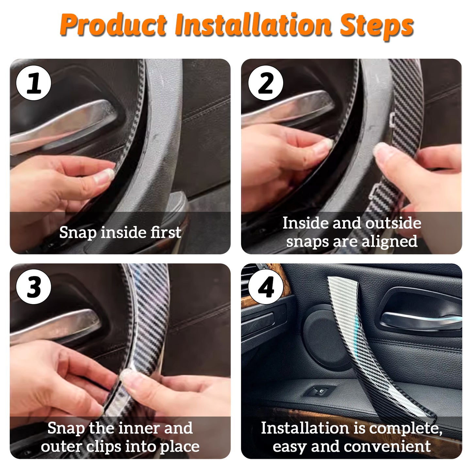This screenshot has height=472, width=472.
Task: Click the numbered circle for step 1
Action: click(34, 83)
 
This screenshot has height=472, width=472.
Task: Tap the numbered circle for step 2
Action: click(266, 83)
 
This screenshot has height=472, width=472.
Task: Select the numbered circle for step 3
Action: click(34, 286)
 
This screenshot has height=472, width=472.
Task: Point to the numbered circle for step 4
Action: click(266, 286)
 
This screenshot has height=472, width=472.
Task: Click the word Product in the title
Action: click(113, 25)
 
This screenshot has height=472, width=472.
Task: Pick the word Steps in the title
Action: click(377, 26)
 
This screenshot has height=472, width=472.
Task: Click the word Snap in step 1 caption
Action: click(78, 233)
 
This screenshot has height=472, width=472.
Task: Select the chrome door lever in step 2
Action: click(288, 108)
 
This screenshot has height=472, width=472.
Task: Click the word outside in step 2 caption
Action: click(393, 223)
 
